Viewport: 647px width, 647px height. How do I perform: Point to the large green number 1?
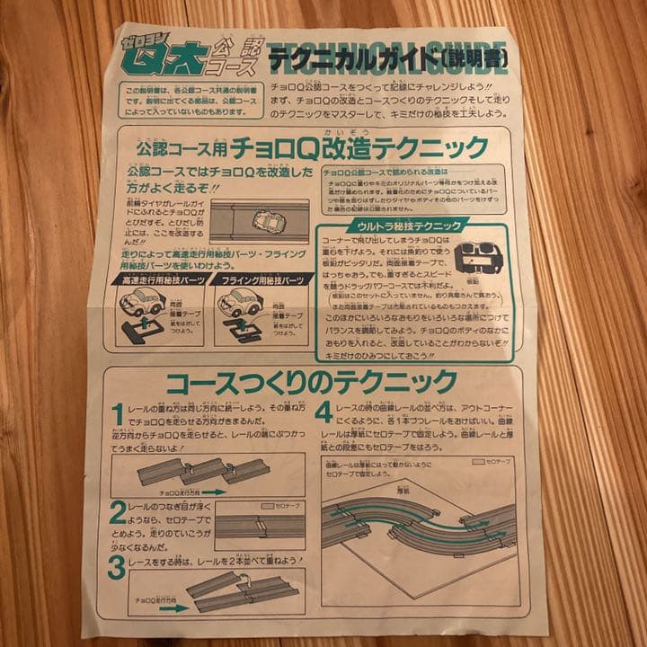(117, 414)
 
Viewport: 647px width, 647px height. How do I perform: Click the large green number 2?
(118, 513)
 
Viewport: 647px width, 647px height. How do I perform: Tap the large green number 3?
(116, 567)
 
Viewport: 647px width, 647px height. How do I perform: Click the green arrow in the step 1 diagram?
(213, 492)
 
